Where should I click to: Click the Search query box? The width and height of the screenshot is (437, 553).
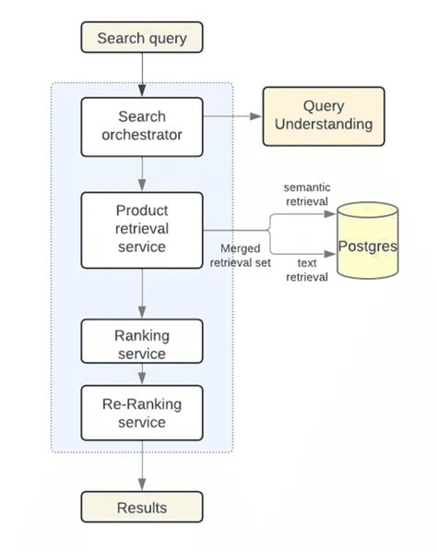142,38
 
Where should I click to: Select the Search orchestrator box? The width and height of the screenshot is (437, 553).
142,126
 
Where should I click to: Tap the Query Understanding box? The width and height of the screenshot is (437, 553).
324,116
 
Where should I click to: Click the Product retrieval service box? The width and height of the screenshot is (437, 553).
142,229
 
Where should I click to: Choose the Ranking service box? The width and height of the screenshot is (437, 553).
142,343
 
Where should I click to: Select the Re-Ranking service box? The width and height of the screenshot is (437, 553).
142,413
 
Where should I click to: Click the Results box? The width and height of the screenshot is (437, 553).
142,507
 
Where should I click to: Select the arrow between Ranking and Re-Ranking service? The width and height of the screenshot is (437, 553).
142,375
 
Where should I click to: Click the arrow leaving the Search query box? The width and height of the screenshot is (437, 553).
142,73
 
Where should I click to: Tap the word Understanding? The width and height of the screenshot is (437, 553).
324,125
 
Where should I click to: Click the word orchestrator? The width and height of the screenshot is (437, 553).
142,135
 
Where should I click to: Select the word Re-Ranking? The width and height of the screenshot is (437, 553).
142,403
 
